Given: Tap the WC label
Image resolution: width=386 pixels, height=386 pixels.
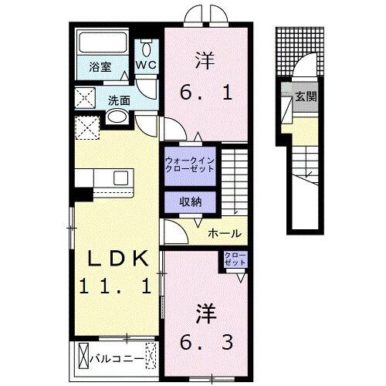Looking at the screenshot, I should tap(146, 66).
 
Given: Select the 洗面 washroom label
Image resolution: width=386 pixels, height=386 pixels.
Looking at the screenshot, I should tap(118, 100).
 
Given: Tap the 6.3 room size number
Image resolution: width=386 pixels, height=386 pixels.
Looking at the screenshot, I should tap(208, 339).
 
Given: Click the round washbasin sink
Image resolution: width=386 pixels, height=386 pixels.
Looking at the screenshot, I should tap(117, 117).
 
